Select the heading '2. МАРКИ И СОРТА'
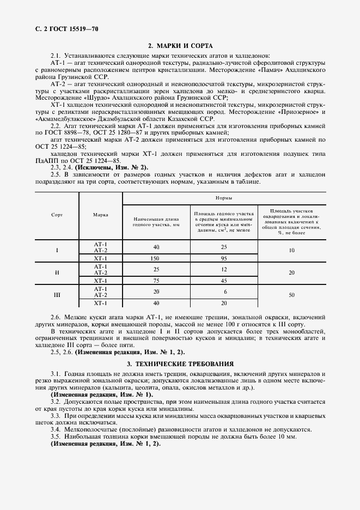[x=180, y=46]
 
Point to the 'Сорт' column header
[x=57, y=215]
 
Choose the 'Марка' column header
[x=100, y=215]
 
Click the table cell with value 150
[x=156, y=258]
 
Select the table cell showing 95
[x=224, y=258]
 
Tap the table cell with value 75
[x=156, y=281]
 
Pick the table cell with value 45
[x=224, y=281]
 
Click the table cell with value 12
[x=224, y=269]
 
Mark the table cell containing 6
[x=224, y=292]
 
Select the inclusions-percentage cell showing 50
[x=291, y=295]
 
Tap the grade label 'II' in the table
[x=57, y=272]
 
